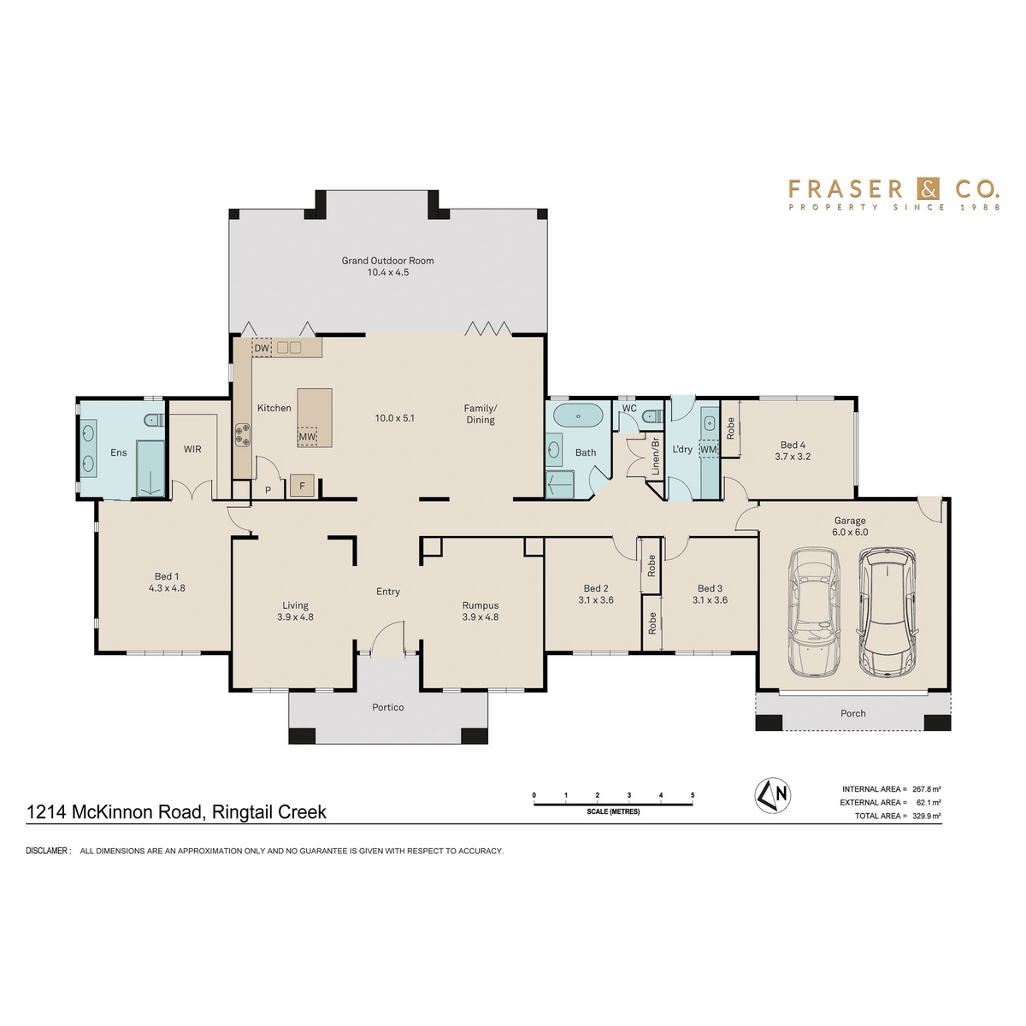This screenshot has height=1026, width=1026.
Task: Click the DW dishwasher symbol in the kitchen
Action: pos(262,348)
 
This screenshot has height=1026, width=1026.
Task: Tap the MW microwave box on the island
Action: pos(307,437)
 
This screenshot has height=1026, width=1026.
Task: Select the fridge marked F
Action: pos(302,486)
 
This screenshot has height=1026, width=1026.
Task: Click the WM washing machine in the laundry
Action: pos(708,449)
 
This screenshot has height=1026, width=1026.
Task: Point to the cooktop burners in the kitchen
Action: pos(243,434)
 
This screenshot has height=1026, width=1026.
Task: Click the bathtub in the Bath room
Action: pos(578,415)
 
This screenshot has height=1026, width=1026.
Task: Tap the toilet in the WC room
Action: pos(652,416)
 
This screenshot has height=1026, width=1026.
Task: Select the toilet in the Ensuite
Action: pos(156,420)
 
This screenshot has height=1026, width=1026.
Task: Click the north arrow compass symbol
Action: pos(773,796)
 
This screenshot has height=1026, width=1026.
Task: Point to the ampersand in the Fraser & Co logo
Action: pos(928,189)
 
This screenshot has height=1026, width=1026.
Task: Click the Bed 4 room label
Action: pos(793,445)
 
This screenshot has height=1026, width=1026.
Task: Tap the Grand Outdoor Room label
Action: pos(387,261)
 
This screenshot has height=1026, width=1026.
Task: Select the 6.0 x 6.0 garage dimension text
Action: pos(850,532)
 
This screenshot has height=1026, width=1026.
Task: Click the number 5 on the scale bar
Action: pos(693,795)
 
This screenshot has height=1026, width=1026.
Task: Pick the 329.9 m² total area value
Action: pos(926,816)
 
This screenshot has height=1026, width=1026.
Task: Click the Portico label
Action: pos(387,707)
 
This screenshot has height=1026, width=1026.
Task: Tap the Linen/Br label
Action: pos(656,457)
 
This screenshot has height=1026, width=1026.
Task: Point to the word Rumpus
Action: pos(481,605)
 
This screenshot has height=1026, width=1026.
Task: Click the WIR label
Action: pos(192,449)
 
